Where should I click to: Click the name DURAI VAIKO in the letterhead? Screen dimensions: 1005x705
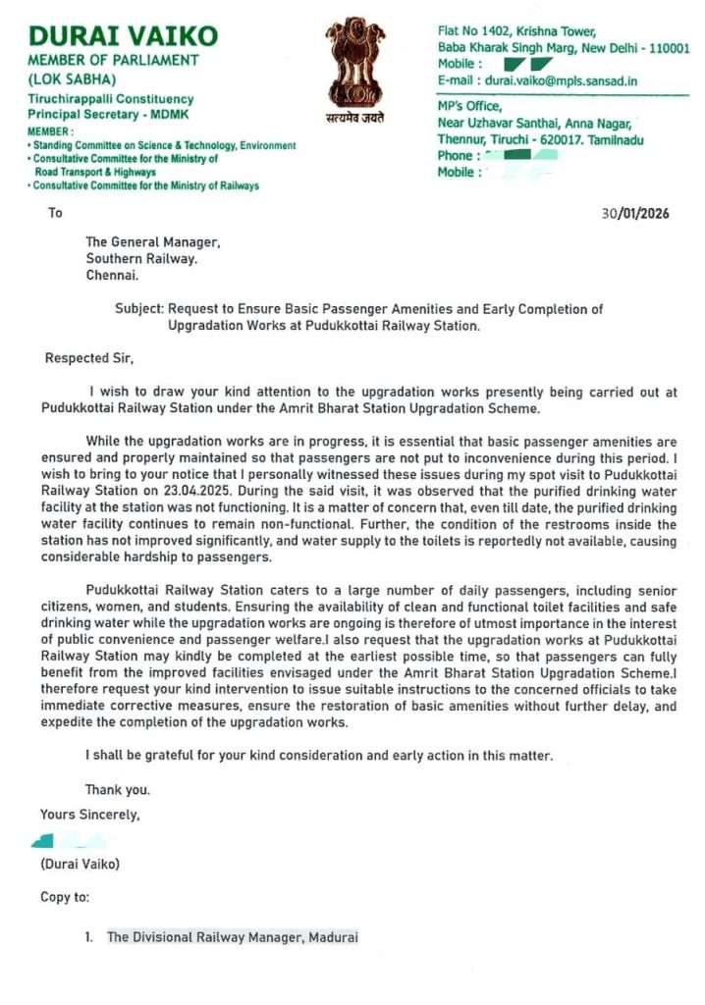[124, 37]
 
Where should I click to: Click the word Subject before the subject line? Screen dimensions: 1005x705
[137, 309]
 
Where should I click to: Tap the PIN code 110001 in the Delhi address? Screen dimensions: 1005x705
[669, 47]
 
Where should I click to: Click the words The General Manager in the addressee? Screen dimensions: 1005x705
[152, 241]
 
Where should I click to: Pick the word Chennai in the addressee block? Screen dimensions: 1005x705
[111, 277]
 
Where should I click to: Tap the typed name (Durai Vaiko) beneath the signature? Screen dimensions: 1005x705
[80, 865]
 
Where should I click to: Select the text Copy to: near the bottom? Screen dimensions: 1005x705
[65, 897]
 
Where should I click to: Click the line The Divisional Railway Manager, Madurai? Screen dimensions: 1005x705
[233, 937]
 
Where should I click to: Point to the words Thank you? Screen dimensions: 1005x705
[118, 789]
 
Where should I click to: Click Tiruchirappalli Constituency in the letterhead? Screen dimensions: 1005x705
[111, 99]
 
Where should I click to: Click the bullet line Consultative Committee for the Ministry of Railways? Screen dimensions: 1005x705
[146, 185]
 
